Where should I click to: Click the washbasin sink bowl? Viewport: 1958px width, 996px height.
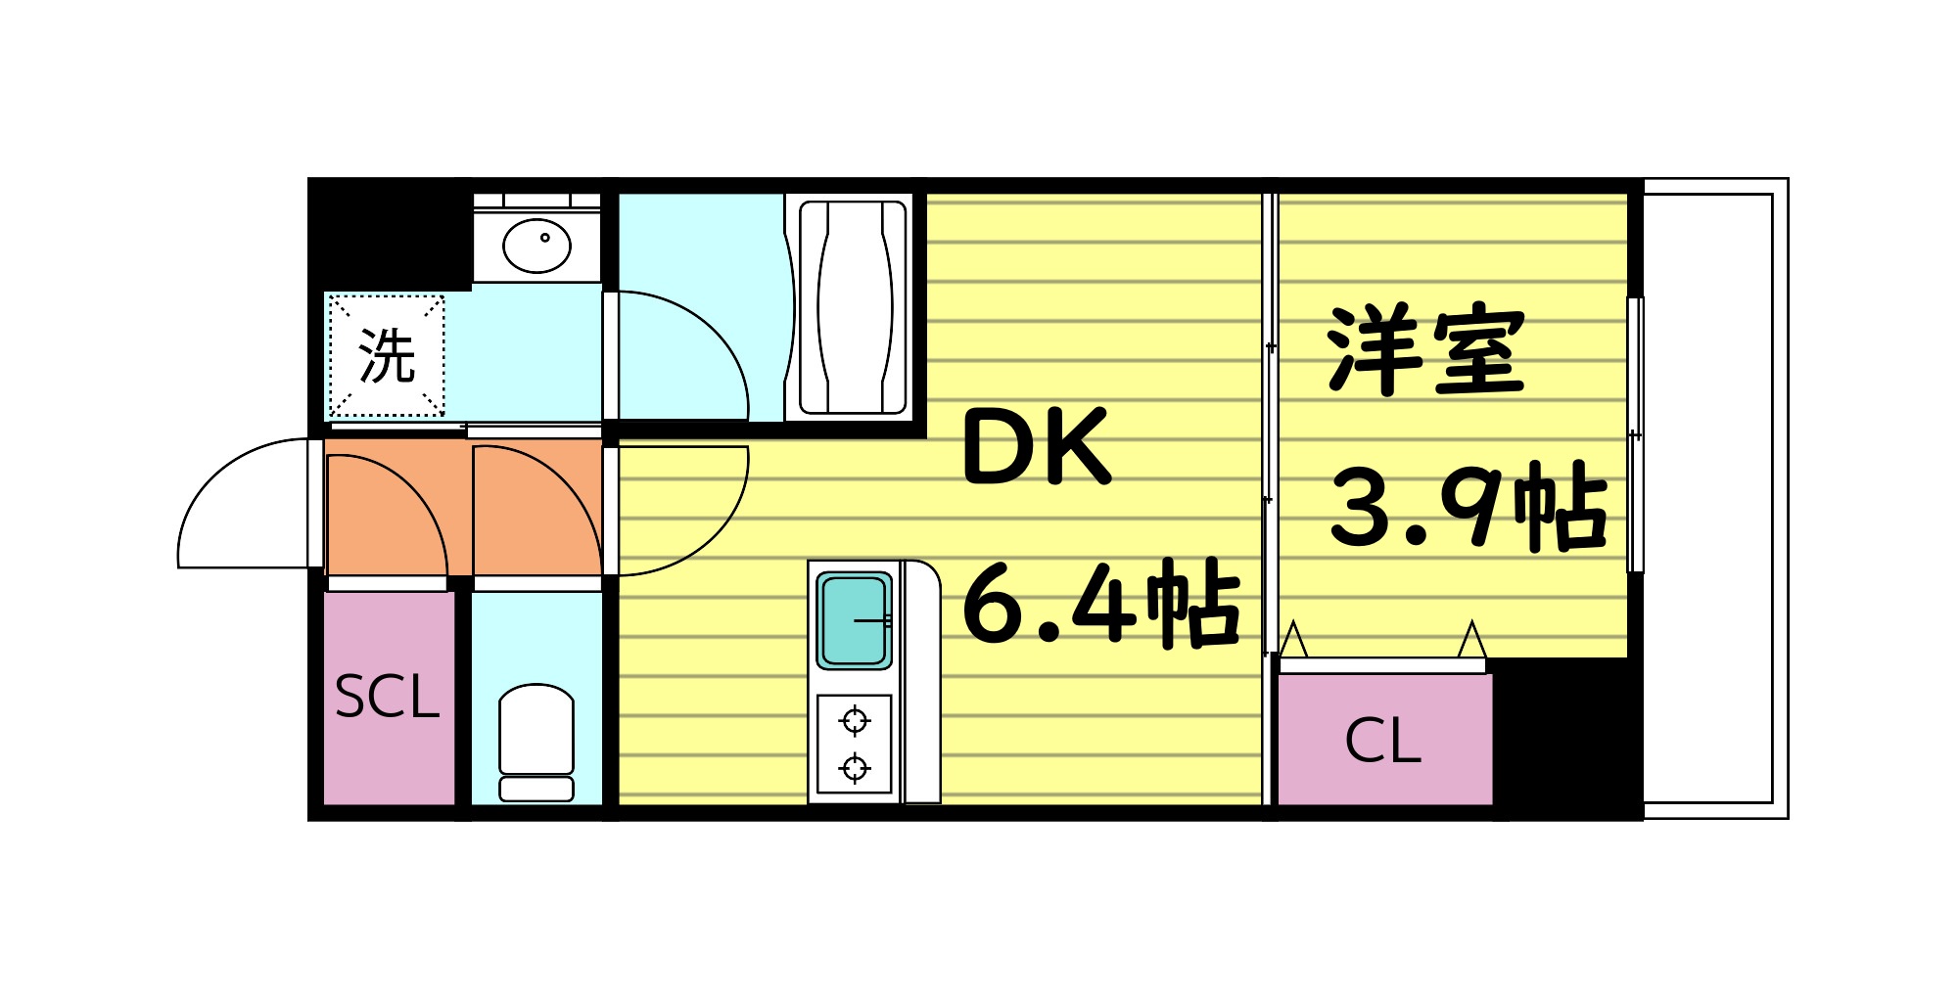pyautogui.click(x=536, y=246)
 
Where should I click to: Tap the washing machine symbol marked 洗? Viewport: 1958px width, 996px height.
pyautogui.click(x=387, y=355)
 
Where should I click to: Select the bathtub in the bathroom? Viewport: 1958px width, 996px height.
pyautogui.click(x=853, y=308)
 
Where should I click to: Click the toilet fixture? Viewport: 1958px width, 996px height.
pyautogui.click(x=536, y=729)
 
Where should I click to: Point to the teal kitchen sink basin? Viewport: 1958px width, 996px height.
pyautogui.click(x=854, y=620)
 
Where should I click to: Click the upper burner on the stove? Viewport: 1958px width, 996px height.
pyautogui.click(x=855, y=722)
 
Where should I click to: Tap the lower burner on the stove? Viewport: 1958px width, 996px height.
pyautogui.click(x=855, y=768)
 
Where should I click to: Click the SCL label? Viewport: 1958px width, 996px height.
pyautogui.click(x=387, y=698)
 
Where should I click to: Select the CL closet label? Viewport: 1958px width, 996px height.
pyautogui.click(x=1382, y=741)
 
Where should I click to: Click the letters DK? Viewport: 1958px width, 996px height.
pyautogui.click(x=1038, y=447)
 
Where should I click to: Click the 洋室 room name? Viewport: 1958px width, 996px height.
pyautogui.click(x=1425, y=350)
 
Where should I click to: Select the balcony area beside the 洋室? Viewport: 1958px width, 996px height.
pyautogui.click(x=1708, y=499)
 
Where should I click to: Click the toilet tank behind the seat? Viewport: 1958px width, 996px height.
pyautogui.click(x=536, y=789)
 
